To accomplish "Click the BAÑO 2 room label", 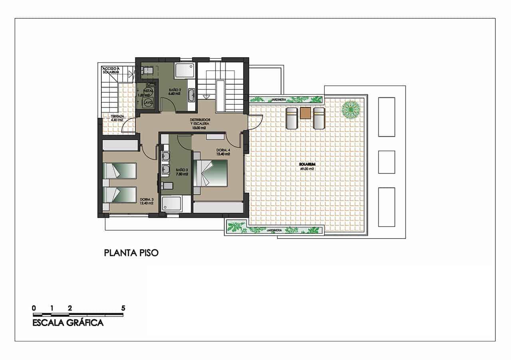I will pyautogui.click(x=174, y=91).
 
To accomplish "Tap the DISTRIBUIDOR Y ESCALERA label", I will pyautogui.click(x=198, y=124).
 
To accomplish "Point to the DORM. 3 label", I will pyautogui.click(x=147, y=201).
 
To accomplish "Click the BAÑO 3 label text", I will pyautogui.click(x=182, y=172).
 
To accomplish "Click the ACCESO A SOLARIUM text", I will pyautogui.click(x=109, y=70).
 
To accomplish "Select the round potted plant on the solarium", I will pyautogui.click(x=350, y=109).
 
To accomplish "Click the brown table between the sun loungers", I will pyautogui.click(x=305, y=113).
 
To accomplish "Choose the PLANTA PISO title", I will pyautogui.click(x=131, y=253).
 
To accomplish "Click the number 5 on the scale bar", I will pyautogui.click(x=123, y=308).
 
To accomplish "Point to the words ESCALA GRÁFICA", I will pyautogui.click(x=68, y=323).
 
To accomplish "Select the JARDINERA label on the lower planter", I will pyautogui.click(x=275, y=231).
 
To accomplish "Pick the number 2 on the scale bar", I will pyautogui.click(x=70, y=308).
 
